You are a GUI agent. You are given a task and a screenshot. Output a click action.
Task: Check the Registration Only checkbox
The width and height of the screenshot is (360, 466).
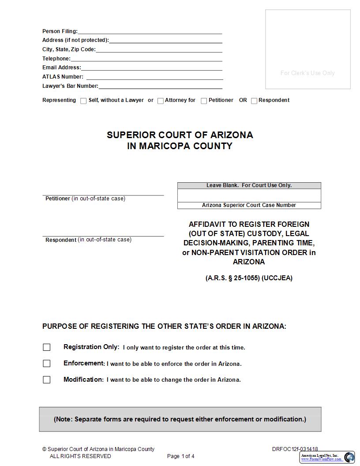point(47,347)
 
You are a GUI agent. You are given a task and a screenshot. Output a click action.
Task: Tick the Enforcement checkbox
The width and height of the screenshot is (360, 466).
point(47,364)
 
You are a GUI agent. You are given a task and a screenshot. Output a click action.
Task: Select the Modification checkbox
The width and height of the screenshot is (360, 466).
point(47,380)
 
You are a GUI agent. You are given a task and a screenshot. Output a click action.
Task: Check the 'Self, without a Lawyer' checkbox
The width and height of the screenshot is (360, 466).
point(83,101)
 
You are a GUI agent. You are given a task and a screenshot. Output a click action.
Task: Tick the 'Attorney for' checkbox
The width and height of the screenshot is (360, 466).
point(161,101)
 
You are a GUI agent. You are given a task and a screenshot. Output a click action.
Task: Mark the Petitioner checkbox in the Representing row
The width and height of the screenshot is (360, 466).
point(204,101)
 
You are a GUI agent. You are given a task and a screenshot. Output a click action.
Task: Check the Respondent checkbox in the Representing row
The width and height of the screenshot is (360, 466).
point(254,101)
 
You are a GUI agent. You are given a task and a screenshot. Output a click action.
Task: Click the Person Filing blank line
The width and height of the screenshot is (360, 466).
point(150,31)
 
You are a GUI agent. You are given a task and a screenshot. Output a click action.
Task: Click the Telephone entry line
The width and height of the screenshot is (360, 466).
point(146,59)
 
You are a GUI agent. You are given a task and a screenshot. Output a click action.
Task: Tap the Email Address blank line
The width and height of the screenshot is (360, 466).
point(151,68)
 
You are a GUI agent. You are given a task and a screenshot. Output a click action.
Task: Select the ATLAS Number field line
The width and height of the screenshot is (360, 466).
point(154,77)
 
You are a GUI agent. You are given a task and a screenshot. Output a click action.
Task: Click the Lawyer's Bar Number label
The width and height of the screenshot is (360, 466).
point(70,86)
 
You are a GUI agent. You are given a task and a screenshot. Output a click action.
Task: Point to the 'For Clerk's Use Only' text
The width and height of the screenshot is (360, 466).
point(307,73)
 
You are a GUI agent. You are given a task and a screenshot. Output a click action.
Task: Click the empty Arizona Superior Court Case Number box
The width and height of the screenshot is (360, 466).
point(249,195)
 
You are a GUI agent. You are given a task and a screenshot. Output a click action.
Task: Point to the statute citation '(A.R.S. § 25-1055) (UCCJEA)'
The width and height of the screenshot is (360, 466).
point(249,278)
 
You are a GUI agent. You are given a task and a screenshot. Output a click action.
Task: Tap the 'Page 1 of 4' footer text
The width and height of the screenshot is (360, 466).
point(180,456)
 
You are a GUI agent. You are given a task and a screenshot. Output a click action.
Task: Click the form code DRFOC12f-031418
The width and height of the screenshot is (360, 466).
point(295,449)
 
